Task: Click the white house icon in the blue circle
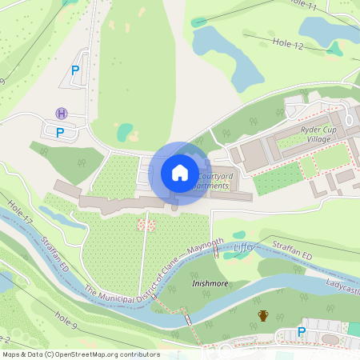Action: tap(180, 173)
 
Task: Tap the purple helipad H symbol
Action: tap(62, 114)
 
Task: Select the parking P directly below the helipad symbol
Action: tap(59, 132)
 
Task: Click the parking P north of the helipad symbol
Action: tap(75, 70)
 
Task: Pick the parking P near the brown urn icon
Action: tap(302, 332)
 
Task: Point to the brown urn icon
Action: tap(263, 315)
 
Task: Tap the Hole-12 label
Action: tap(287, 46)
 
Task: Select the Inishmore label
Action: tap(210, 283)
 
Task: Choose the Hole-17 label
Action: tap(22, 212)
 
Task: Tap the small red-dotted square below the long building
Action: tap(146, 224)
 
